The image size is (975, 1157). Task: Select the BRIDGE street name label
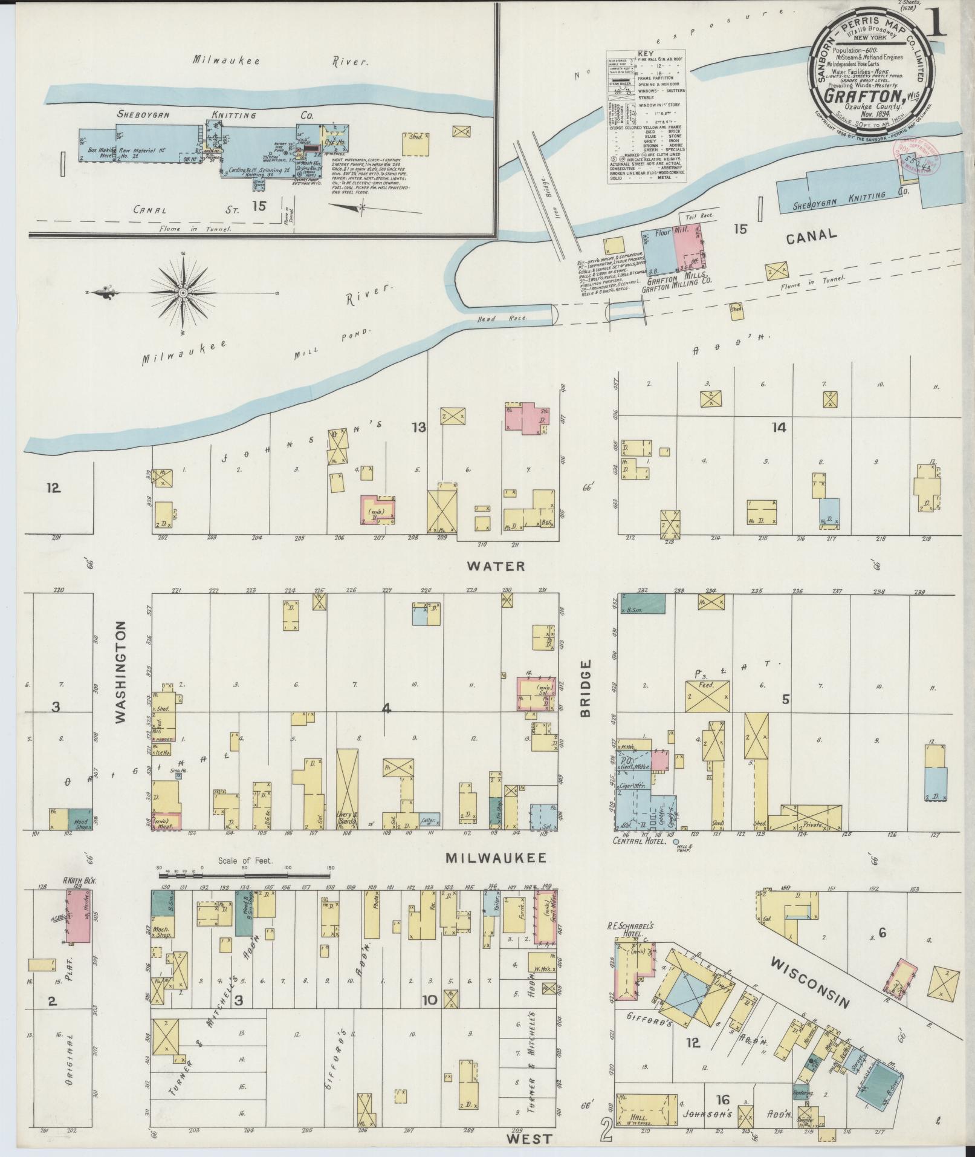[585, 688]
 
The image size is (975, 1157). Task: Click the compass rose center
[182, 293]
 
